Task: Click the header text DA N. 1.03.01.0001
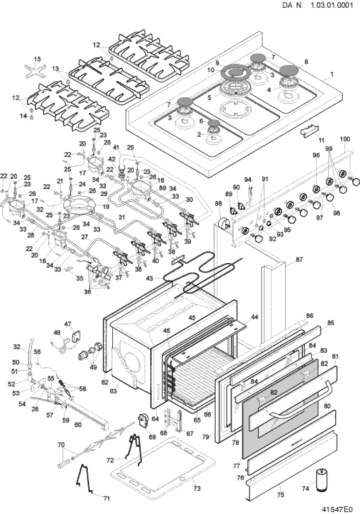tap(317, 6)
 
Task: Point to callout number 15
tap(38, 59)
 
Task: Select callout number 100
tap(345, 139)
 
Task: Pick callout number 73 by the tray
tap(196, 488)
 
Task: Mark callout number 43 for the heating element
tap(149, 278)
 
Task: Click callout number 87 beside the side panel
tap(299, 259)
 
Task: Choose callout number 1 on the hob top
tap(332, 74)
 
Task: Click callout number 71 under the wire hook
tap(107, 499)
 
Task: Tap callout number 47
tap(68, 324)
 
